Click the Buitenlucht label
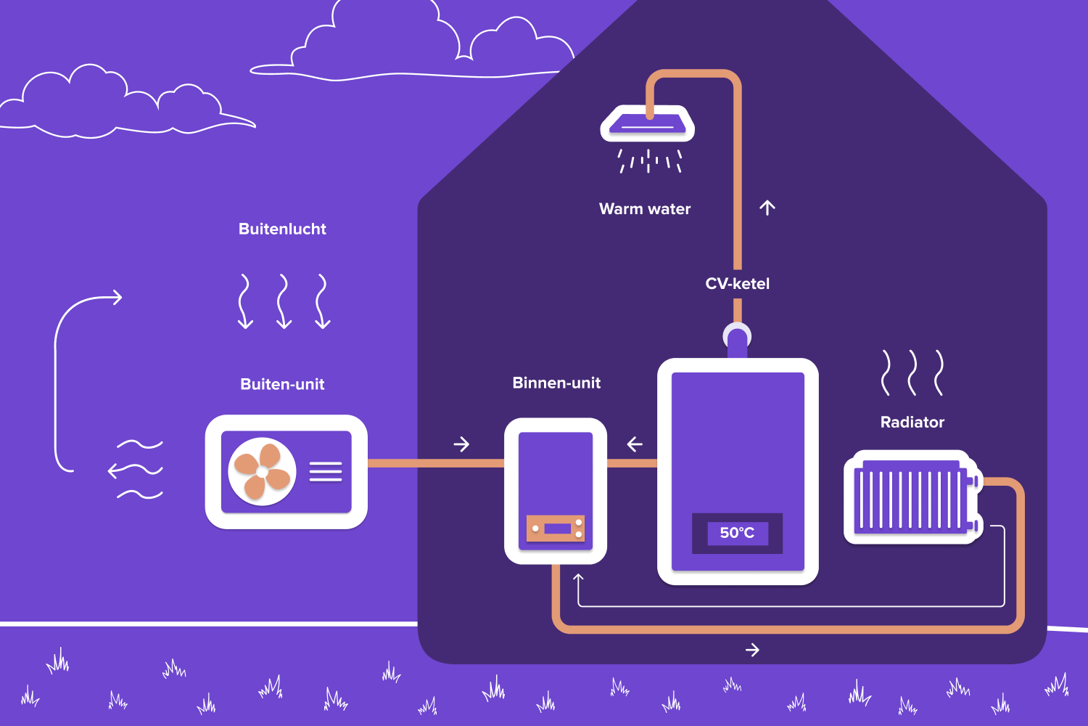click(282, 229)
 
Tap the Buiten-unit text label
click(282, 384)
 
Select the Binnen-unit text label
click(556, 383)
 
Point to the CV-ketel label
click(737, 284)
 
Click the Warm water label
click(645, 209)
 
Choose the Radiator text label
click(912, 422)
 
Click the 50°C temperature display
click(737, 533)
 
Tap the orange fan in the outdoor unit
click(262, 472)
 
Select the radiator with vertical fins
click(912, 499)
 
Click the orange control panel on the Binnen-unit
click(556, 529)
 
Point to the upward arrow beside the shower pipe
click(767, 208)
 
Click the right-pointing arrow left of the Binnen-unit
click(461, 444)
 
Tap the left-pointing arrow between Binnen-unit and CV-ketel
click(635, 444)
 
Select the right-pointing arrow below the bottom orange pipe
click(752, 650)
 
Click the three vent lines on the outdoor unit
click(326, 472)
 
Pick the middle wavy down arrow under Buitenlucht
click(284, 301)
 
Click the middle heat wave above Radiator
click(912, 372)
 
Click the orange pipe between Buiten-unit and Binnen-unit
click(435, 463)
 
